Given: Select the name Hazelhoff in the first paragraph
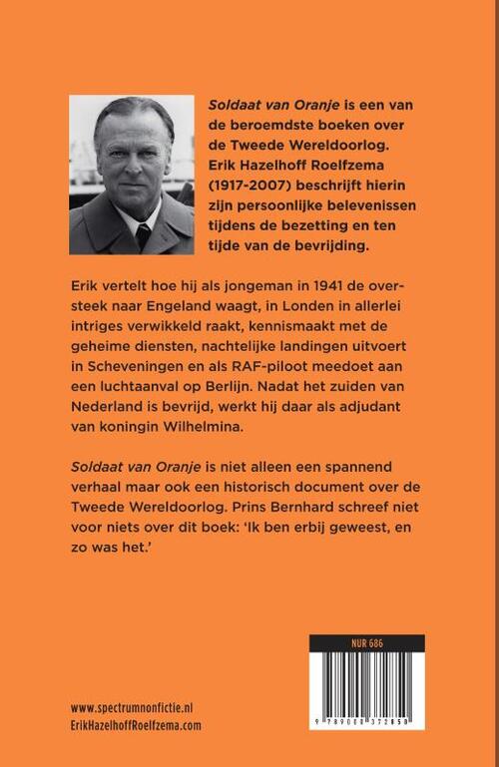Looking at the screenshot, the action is tap(300, 163).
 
